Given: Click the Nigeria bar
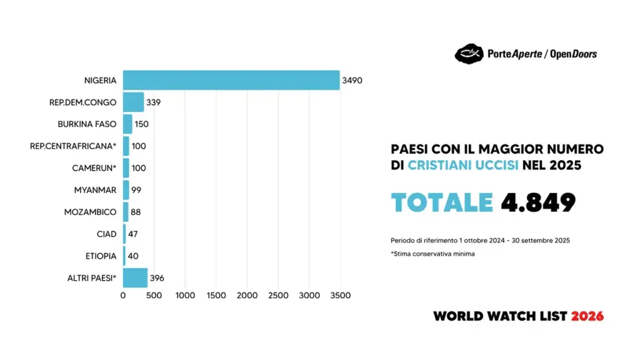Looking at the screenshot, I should point(231,80).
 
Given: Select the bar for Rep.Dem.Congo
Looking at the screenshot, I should point(133,102).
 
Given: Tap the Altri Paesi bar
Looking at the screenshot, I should point(135,277).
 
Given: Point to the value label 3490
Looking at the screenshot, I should point(352,81).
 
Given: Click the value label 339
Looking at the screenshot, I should point(153,102).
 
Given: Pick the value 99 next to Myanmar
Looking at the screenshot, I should point(136,190).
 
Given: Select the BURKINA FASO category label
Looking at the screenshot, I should point(87,124).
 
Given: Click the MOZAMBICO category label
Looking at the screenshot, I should point(90,212).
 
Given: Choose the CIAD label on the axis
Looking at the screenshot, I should point(107,234).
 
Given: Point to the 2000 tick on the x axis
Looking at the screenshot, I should point(247,295).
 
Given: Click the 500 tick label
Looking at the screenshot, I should point(154,295).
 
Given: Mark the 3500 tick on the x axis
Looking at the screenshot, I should point(341,295).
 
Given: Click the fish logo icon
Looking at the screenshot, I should point(468,54).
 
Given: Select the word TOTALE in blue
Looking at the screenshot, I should point(442,202).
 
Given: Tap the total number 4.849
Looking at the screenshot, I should point(538,202).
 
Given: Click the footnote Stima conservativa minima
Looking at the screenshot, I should point(434,254).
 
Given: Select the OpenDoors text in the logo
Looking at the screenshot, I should point(574,54).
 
